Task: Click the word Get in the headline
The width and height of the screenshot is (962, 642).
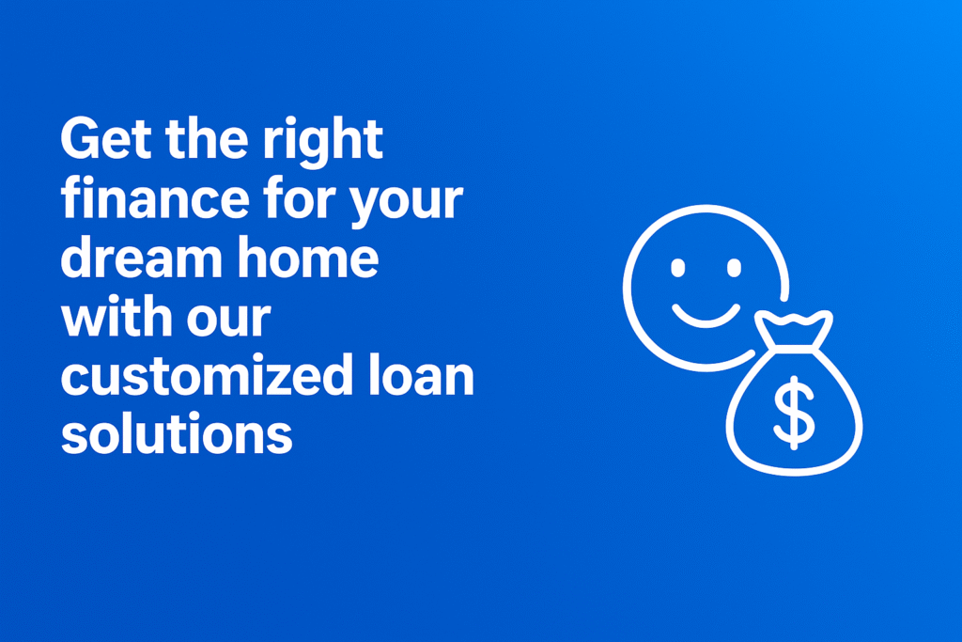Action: click(106, 139)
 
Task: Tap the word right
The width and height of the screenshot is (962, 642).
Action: click(323, 142)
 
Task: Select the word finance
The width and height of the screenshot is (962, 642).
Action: click(155, 197)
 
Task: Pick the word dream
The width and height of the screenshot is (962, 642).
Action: click(142, 257)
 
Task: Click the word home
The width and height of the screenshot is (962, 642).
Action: click(308, 257)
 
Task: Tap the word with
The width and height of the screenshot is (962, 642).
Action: click(116, 316)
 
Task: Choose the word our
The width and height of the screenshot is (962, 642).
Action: click(229, 320)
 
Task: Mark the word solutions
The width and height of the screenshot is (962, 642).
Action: click(177, 433)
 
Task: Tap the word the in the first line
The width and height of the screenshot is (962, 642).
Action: click(207, 139)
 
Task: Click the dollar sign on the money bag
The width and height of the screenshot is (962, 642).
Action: click(795, 413)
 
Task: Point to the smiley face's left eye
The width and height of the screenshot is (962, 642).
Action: click(678, 268)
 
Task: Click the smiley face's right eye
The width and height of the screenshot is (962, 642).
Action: click(734, 268)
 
